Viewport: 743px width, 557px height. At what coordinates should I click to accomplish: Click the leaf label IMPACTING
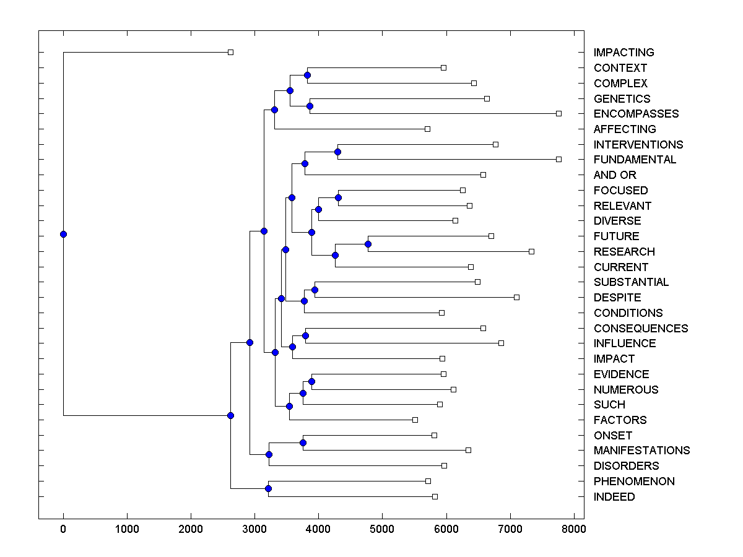tap(624, 53)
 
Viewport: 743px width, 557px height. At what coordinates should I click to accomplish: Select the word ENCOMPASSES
tap(636, 114)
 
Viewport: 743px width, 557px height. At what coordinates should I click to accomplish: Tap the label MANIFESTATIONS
tap(641, 451)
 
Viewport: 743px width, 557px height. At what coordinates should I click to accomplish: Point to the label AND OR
tap(615, 175)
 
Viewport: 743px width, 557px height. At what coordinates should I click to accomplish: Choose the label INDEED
tap(614, 497)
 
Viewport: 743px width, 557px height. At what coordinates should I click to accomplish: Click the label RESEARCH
tap(624, 252)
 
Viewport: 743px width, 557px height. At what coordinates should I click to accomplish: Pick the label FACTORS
tap(620, 420)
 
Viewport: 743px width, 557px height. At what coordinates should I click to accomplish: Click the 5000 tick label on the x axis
tap(382, 529)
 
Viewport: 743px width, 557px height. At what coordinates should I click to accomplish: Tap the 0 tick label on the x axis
tap(63, 529)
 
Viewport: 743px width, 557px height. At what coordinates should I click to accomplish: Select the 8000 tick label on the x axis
tap(574, 529)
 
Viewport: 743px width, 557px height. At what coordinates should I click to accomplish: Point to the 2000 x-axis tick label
tap(191, 529)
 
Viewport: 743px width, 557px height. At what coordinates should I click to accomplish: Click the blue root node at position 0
tap(63, 234)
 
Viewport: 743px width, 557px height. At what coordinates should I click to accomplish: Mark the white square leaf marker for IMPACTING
tap(230, 52)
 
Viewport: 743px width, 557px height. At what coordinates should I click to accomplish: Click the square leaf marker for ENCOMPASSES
tap(558, 113)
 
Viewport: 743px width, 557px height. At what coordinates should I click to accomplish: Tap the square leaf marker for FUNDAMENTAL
tap(558, 159)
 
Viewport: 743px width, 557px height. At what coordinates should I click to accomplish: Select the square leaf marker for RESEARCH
tap(531, 251)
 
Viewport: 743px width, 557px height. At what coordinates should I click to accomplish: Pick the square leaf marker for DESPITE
tap(516, 297)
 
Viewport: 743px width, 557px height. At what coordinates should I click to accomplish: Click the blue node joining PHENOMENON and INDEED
tap(268, 488)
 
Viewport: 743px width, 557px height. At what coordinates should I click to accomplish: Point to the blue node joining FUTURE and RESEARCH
tap(368, 244)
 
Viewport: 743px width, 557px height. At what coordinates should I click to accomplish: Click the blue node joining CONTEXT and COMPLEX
tap(307, 75)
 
